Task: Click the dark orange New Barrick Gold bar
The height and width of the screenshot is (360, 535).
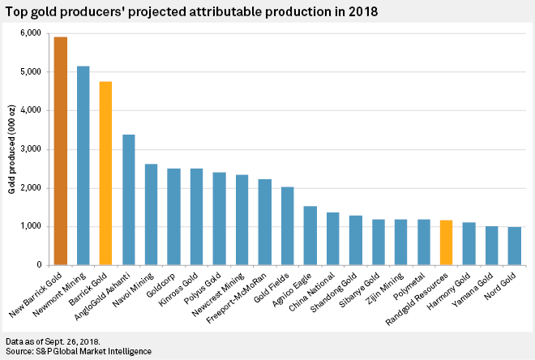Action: (61, 151)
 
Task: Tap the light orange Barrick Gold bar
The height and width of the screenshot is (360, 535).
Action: (106, 174)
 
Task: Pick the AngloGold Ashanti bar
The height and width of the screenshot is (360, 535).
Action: (129, 199)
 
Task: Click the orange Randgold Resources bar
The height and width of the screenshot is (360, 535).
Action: (446, 242)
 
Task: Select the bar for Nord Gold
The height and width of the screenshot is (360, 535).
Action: (514, 246)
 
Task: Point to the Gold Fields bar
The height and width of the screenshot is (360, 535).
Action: (288, 226)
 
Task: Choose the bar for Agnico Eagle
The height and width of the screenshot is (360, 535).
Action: (310, 235)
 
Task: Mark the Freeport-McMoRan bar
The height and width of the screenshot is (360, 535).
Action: (265, 222)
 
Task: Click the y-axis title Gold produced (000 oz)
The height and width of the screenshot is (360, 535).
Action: (12, 149)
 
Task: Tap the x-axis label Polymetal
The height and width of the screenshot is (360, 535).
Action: (408, 288)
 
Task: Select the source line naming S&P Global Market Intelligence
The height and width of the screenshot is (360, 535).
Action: (77, 352)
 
